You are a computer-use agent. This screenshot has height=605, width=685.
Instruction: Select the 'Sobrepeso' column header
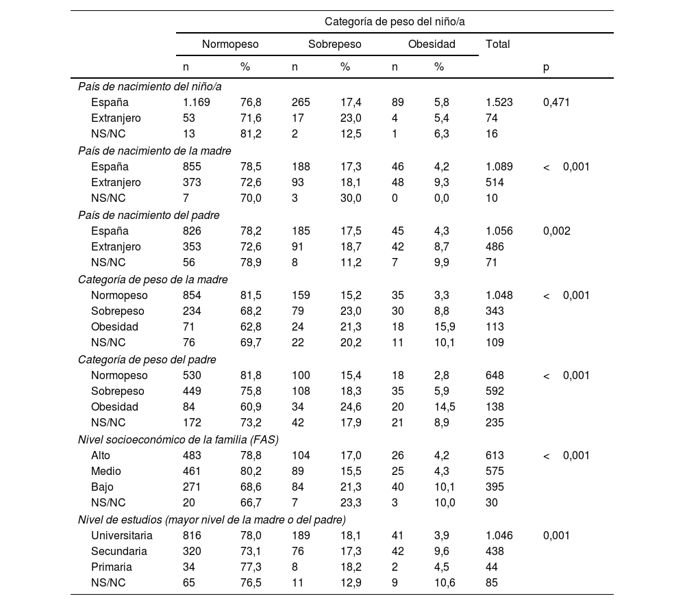[334, 44]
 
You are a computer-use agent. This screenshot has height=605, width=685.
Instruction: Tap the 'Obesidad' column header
[432, 44]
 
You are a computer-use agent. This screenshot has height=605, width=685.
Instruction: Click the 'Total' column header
[497, 44]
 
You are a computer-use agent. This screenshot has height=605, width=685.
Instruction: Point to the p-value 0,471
[556, 103]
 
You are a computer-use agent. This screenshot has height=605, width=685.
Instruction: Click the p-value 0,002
[556, 231]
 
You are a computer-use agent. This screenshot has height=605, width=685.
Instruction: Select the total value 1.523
[499, 103]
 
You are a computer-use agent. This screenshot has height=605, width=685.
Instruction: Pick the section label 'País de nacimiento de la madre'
[154, 151]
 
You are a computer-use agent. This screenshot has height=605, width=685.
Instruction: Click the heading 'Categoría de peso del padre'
[147, 359]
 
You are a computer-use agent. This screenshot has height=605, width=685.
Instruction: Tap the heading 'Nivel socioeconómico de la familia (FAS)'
[178, 440]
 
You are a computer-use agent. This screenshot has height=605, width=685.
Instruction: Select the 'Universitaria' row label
[121, 536]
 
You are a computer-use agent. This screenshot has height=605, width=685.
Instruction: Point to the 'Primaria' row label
[111, 567]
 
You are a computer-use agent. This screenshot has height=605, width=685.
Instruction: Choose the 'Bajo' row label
[102, 487]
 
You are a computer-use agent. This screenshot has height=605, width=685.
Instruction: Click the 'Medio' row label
[105, 472]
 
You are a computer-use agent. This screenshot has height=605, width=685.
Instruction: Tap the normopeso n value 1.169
[196, 103]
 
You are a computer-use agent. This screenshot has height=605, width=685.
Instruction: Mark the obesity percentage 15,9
[445, 327]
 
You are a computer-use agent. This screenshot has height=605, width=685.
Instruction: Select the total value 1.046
[499, 536]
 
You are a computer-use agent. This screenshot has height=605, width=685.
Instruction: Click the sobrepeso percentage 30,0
[351, 198]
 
